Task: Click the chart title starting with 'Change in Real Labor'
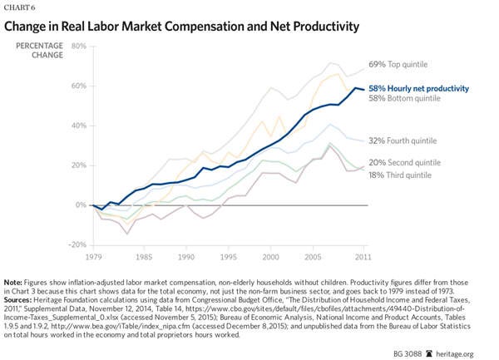tap(182, 27)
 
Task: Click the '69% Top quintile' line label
tap(405, 64)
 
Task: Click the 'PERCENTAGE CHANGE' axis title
tap(38, 51)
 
